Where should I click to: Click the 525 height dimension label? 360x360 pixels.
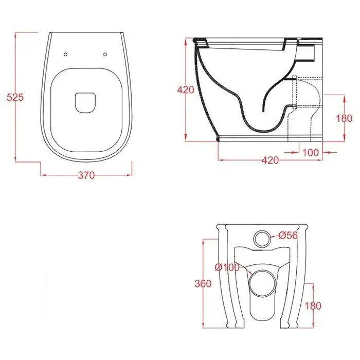click(x=15, y=97)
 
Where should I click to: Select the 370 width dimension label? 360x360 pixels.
click(x=86, y=175)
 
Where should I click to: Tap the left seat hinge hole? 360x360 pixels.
click(x=66, y=55)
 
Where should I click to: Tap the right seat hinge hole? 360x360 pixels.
click(x=105, y=55)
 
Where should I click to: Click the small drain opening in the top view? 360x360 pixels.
click(x=85, y=103)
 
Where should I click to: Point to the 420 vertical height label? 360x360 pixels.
click(x=186, y=90)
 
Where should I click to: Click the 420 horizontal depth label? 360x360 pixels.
click(x=270, y=160)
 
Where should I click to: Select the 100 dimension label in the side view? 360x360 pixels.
click(x=311, y=152)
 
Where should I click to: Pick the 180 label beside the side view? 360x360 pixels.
click(x=344, y=118)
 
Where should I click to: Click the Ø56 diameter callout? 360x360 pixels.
click(x=289, y=236)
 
